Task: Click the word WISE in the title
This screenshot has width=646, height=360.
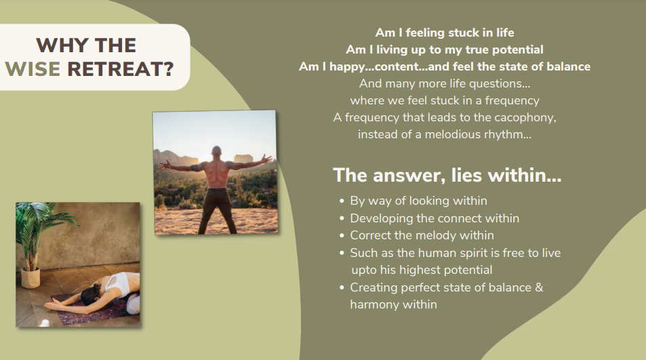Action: pos(33,68)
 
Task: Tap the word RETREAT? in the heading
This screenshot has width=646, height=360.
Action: pos(120,68)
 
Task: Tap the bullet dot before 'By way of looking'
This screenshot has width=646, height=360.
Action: pos(342,201)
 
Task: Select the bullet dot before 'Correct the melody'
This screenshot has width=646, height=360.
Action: pos(342,236)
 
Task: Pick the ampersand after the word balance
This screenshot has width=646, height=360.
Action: pos(539,287)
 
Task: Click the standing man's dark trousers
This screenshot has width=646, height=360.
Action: pos(218,210)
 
